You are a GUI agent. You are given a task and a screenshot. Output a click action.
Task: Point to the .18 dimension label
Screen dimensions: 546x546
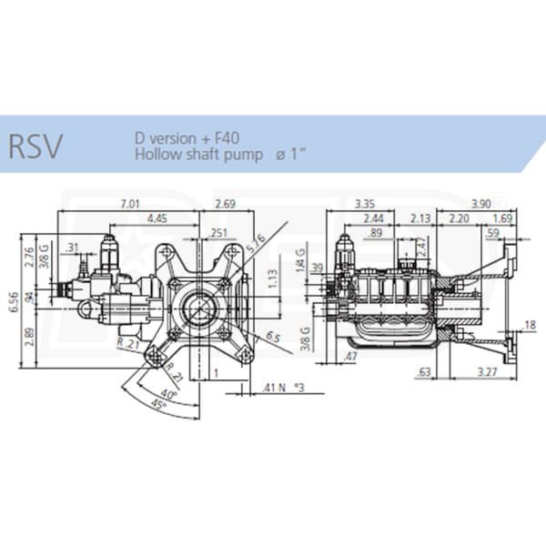[532, 324]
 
